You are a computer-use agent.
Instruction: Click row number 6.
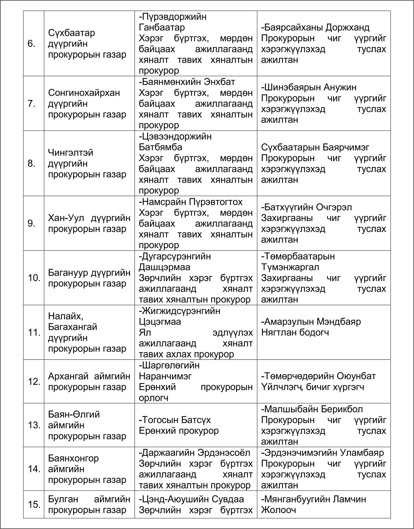coord(31,44)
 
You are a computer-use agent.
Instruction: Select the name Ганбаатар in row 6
coord(162,27)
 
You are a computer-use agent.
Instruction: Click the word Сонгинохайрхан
coord(84,92)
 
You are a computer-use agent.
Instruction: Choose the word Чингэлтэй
coord(71,152)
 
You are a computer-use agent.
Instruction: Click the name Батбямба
coord(160,147)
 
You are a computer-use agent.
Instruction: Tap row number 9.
coord(31,223)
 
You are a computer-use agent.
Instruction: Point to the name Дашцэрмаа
coord(164,267)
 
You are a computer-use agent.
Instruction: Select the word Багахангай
coord(73,327)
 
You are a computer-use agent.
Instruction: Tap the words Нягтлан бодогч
coord(295,332)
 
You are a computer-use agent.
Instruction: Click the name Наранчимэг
coord(165,376)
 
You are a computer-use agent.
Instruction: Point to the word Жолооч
coord(278,510)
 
